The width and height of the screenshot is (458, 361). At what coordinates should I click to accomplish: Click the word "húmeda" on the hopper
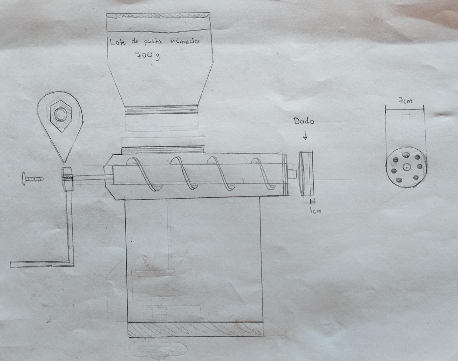(185, 41)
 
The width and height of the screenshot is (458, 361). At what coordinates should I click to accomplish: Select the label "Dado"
(304, 121)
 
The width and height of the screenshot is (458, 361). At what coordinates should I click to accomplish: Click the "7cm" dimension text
(405, 101)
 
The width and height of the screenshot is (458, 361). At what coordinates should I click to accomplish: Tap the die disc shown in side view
(307, 174)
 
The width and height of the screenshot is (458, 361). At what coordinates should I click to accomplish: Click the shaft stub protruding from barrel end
(292, 174)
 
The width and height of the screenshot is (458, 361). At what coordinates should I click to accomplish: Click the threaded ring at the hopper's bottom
(162, 110)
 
